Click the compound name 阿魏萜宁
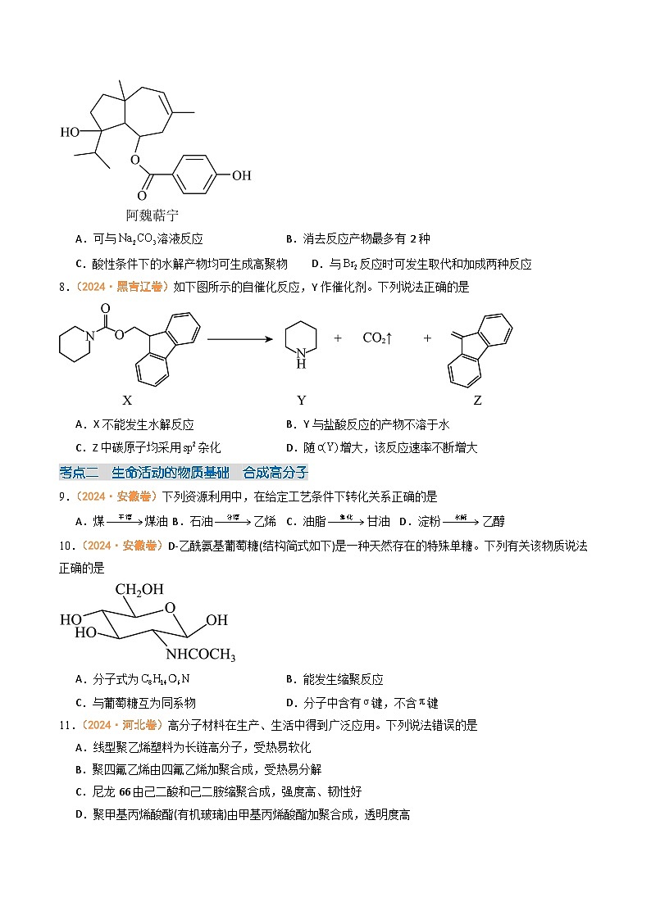(152, 215)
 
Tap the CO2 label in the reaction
(378, 338)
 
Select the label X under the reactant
(127, 401)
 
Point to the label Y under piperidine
(302, 401)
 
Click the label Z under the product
(478, 401)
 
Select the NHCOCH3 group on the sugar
(201, 655)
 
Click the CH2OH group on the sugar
(139, 589)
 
